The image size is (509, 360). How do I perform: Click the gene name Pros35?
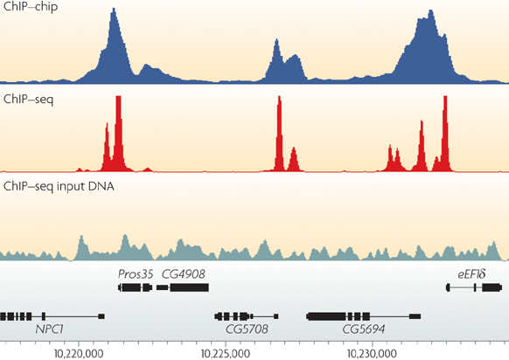[136, 273]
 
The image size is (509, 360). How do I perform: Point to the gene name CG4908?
[183, 273]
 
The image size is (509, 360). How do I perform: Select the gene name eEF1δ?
[471, 273]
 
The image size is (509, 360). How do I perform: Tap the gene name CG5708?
[247, 329]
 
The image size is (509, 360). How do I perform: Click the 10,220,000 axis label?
[80, 352]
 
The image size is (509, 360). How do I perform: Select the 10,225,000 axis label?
[226, 352]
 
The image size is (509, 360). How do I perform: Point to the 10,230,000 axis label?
[373, 352]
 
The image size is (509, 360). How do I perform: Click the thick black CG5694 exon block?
[338, 315]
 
